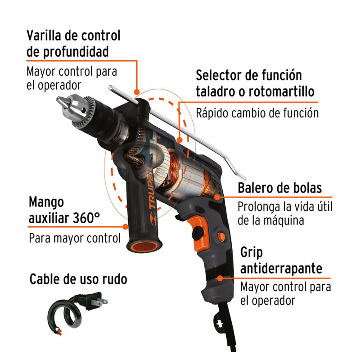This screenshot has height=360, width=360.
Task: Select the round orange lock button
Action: coord(221,237)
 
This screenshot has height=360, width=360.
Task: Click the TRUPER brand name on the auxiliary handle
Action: coord(151,188)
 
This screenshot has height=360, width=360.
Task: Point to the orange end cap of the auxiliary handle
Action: coord(144,246)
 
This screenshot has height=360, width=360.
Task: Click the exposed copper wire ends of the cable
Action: coord(59,332)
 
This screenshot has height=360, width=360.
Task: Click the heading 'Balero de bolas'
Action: coord(279,188)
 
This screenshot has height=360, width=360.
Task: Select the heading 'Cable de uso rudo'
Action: coord(78,279)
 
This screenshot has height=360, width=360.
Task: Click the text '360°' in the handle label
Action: coord(86,218)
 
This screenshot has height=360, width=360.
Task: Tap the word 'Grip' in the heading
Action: coord(252,253)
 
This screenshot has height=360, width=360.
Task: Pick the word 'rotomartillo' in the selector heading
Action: coord(282,91)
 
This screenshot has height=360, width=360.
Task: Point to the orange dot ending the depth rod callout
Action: coord(137,92)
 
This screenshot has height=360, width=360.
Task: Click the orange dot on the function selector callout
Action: coord(180,140)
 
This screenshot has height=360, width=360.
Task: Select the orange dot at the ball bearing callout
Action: coord(217,197)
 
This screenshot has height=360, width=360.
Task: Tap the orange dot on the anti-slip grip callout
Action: coord(220,278)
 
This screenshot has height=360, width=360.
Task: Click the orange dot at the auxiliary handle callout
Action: coord(126,227)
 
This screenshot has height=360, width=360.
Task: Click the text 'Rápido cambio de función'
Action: coord(257,113)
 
